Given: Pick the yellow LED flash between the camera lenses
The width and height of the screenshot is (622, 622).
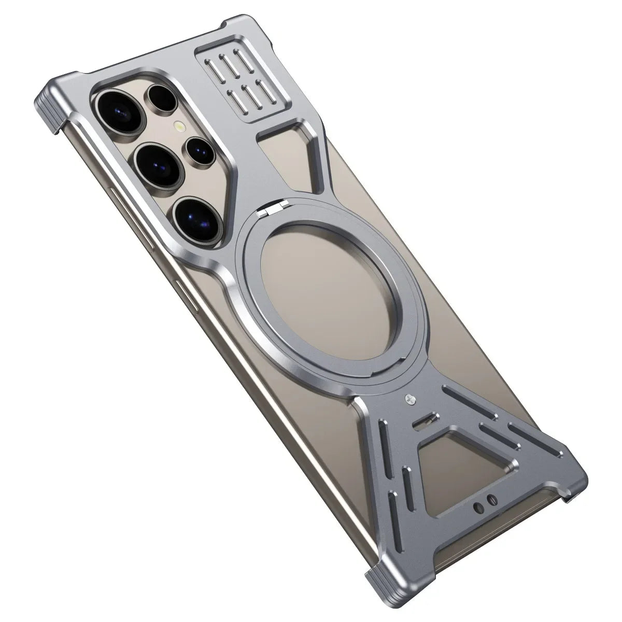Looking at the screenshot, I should tap(180, 126).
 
